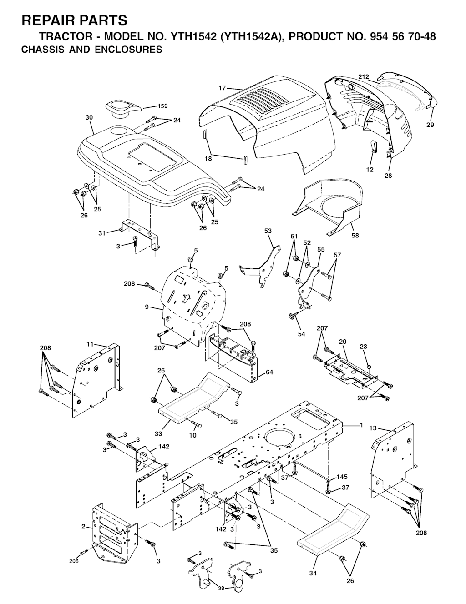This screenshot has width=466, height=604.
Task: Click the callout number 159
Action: coord(162,106)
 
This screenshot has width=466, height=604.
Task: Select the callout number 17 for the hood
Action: coord(222,88)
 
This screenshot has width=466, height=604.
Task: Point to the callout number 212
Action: coord(364,77)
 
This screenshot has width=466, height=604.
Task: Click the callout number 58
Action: coord(355,236)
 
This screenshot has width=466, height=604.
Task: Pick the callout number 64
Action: coord(269,372)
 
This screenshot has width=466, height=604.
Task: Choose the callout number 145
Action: coord(342,477)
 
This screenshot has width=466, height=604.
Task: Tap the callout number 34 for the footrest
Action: coord(313,573)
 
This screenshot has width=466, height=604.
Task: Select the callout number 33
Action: coord(158,433)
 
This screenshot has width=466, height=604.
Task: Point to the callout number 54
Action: coord(301,334)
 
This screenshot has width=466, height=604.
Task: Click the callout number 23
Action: coord(371,347)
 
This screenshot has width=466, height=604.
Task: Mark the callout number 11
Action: coord(90,344)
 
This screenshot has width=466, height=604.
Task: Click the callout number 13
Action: coord(373,428)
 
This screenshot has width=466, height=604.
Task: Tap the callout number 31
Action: coord(102,233)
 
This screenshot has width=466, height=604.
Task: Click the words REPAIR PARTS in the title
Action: coord(75,20)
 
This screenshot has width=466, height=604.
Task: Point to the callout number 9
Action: coord(147,307)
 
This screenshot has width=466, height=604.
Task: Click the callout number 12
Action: coord(370,169)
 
